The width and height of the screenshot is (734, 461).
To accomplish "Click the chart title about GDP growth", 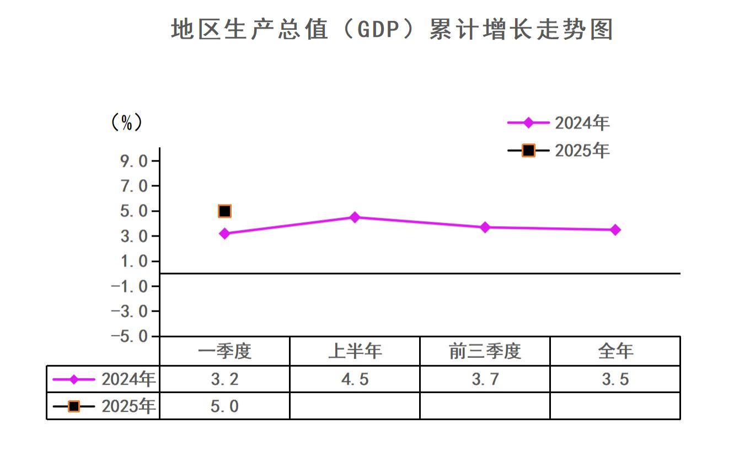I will (392, 29).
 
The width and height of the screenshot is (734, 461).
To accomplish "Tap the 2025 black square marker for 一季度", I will (224, 211).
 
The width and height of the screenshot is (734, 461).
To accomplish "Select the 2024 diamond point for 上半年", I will (355, 217).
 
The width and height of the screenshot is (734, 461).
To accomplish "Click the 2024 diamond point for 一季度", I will (224, 233).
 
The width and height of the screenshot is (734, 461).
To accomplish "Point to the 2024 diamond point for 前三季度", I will (485, 227).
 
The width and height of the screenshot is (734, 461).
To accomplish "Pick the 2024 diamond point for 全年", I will (615, 230).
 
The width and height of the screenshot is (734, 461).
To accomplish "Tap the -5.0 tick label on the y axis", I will (131, 336).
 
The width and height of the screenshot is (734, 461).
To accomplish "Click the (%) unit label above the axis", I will (126, 122).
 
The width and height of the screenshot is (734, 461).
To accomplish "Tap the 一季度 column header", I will (224, 351).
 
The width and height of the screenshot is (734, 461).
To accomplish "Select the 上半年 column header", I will (355, 351).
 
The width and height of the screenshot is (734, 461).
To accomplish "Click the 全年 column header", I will (615, 351).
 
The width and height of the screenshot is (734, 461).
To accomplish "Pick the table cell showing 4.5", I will (355, 379).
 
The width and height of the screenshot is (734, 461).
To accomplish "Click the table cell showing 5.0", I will (224, 406).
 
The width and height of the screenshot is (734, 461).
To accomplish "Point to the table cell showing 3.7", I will (485, 379).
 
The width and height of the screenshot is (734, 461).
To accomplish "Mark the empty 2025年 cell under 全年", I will (615, 406).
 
